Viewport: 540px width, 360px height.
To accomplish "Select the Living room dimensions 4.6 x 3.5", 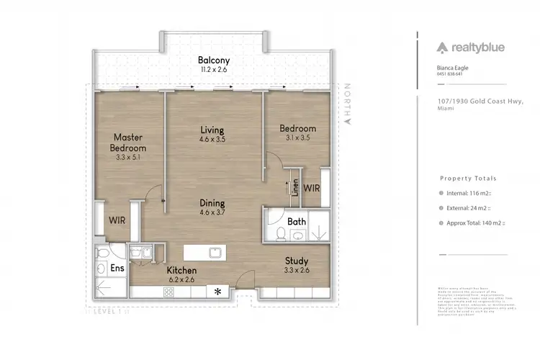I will (212, 140).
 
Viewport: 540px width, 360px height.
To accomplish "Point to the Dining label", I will (212, 203).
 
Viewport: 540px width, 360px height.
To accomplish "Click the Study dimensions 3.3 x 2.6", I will (296, 271).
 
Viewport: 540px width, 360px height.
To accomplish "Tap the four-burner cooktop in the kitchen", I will (170, 292).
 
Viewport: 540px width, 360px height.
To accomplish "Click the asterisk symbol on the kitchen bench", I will (217, 292).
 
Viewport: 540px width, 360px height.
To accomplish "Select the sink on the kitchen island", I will (214, 253).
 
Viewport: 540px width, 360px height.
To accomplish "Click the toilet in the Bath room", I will (282, 233).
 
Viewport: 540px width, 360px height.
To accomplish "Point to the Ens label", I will (117, 268).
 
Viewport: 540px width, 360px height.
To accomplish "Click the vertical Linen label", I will (295, 187).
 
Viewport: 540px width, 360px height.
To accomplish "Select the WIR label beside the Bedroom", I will (311, 188).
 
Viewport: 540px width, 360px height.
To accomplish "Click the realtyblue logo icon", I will (441, 48).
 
